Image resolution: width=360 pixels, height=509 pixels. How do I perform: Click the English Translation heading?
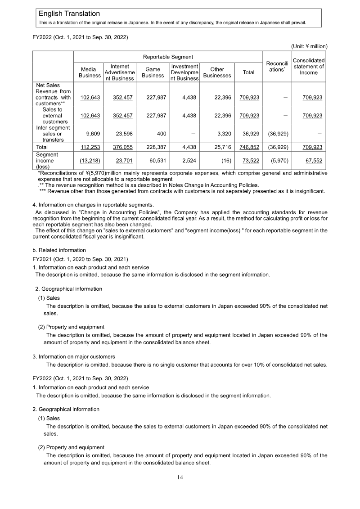point(69,14)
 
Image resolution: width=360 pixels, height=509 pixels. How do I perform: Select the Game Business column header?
point(153,72)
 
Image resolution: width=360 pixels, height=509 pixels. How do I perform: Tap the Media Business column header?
point(90,72)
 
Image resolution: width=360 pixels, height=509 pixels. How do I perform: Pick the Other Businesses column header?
point(217,72)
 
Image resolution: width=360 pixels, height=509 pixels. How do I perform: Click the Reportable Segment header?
point(168,57)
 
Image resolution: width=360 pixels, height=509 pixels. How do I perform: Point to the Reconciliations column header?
point(277,68)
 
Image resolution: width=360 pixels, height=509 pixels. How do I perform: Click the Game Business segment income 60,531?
point(157,161)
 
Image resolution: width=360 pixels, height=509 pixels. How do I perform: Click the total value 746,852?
point(249,147)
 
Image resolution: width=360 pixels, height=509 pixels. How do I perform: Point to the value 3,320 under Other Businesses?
point(224,134)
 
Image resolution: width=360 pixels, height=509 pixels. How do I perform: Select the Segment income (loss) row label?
point(45,161)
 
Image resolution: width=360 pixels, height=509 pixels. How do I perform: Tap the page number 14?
point(180,477)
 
